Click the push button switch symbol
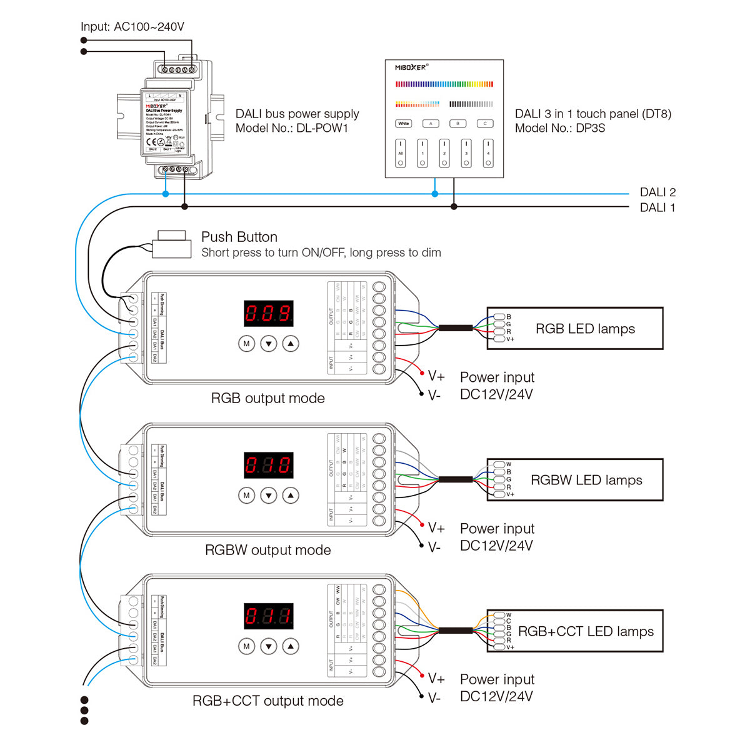click(x=172, y=244)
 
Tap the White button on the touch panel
click(x=404, y=124)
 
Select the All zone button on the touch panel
click(x=401, y=153)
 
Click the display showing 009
click(x=268, y=313)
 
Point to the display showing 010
click(x=268, y=465)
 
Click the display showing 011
click(x=268, y=616)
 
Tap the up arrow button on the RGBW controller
click(x=291, y=496)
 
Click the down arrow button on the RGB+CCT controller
click(x=268, y=646)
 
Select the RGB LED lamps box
click(x=574, y=328)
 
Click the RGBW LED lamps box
click(x=574, y=480)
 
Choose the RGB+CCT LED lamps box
click(x=574, y=631)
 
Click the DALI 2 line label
click(x=657, y=192)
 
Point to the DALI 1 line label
click(x=657, y=208)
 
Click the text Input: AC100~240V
click(x=132, y=27)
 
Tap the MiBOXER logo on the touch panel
click(x=411, y=67)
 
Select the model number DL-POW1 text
click(x=292, y=128)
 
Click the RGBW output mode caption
click(x=267, y=550)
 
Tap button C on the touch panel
click(x=485, y=124)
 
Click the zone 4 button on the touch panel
click(x=488, y=153)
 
